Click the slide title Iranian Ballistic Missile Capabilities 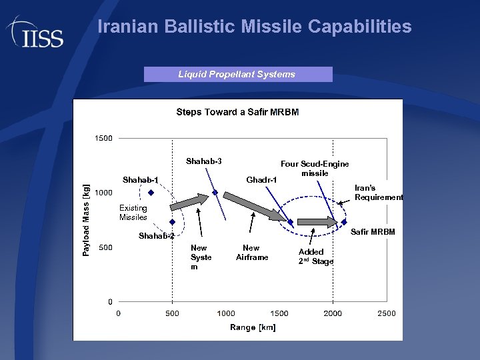tap(254, 27)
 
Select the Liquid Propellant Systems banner tap(237, 75)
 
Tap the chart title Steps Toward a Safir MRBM tap(237, 112)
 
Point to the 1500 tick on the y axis tap(103, 139)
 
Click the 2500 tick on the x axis tap(386, 313)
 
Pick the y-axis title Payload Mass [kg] tap(87, 220)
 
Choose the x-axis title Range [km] tap(253, 327)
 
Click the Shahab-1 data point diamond tap(151, 193)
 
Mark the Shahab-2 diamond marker tap(172, 222)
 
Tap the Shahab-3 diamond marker tap(215, 193)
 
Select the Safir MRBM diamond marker tap(344, 222)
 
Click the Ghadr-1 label tap(261, 181)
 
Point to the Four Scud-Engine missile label tap(315, 169)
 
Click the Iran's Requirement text tap(378, 193)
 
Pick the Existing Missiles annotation tap(133, 213)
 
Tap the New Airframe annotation tap(251, 253)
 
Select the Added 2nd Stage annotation tap(315, 257)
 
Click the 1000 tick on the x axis tap(226, 313)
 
